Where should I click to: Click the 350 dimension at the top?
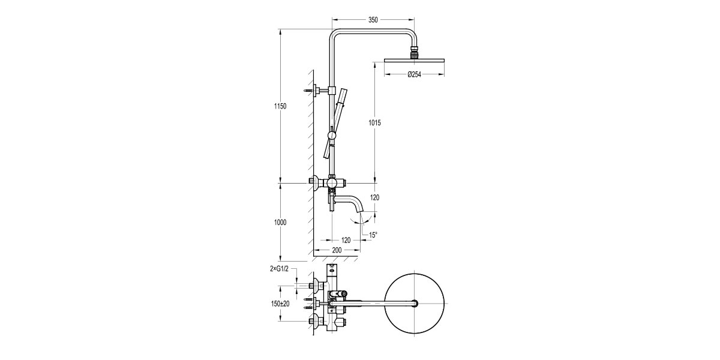tap(373, 20)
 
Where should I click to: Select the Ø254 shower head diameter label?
tap(414, 74)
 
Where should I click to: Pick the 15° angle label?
tap(374, 235)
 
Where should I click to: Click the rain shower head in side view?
tap(414, 59)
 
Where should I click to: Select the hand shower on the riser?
tap(338, 120)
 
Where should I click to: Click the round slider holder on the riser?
tap(332, 136)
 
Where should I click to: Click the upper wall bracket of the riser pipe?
tap(321, 90)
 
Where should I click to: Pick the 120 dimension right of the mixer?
tap(374, 197)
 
